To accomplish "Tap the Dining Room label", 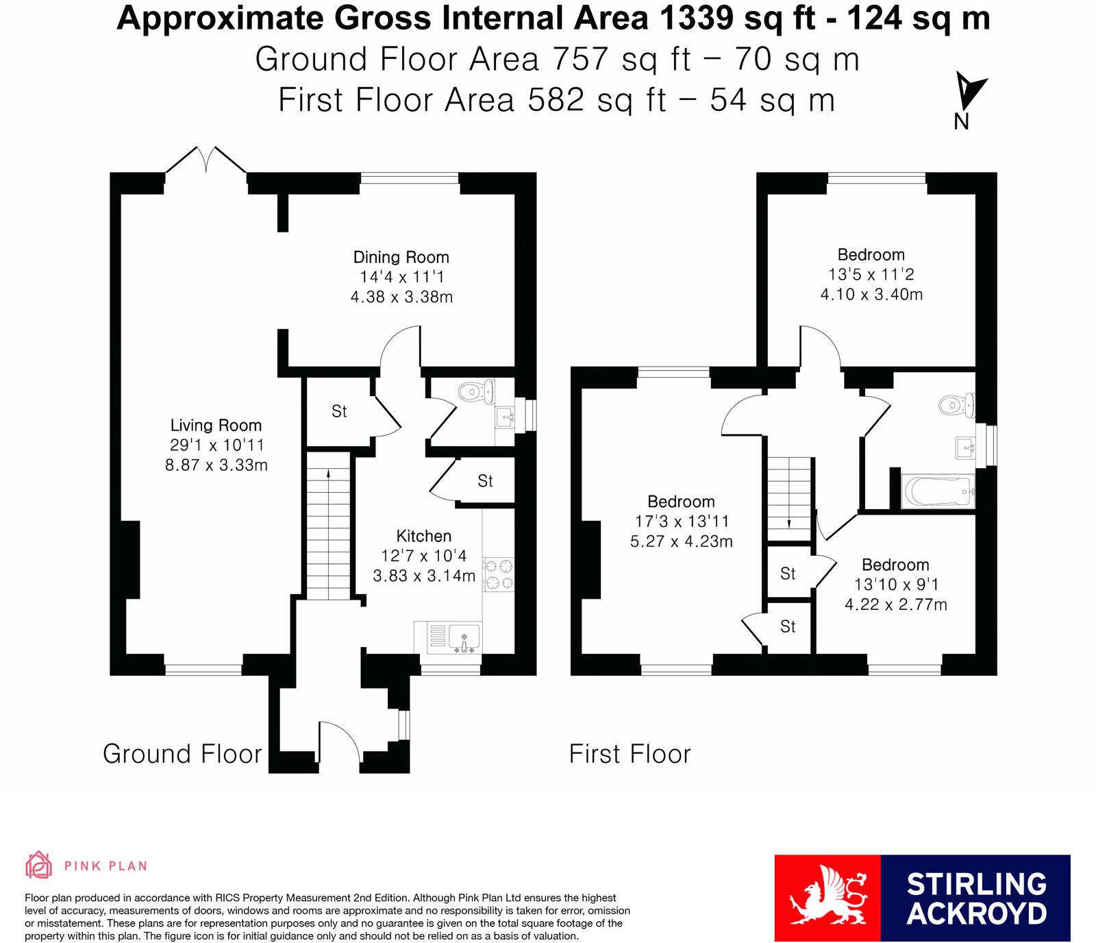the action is (x=401, y=257).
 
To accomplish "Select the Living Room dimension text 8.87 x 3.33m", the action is (x=216, y=465).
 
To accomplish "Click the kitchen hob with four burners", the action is (x=498, y=574).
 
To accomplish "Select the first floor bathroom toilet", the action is (x=956, y=405).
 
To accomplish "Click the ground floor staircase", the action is (x=328, y=525).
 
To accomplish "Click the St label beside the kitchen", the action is (x=485, y=481).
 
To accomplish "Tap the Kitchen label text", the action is (x=424, y=536).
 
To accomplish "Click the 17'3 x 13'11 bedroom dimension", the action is (x=682, y=522).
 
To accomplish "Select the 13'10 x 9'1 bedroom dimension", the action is (x=896, y=585).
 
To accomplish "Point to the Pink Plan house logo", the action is (x=38, y=865).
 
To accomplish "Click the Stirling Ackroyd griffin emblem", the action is (x=827, y=896).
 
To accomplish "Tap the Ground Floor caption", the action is (x=182, y=754).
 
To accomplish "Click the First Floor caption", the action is (x=630, y=754).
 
